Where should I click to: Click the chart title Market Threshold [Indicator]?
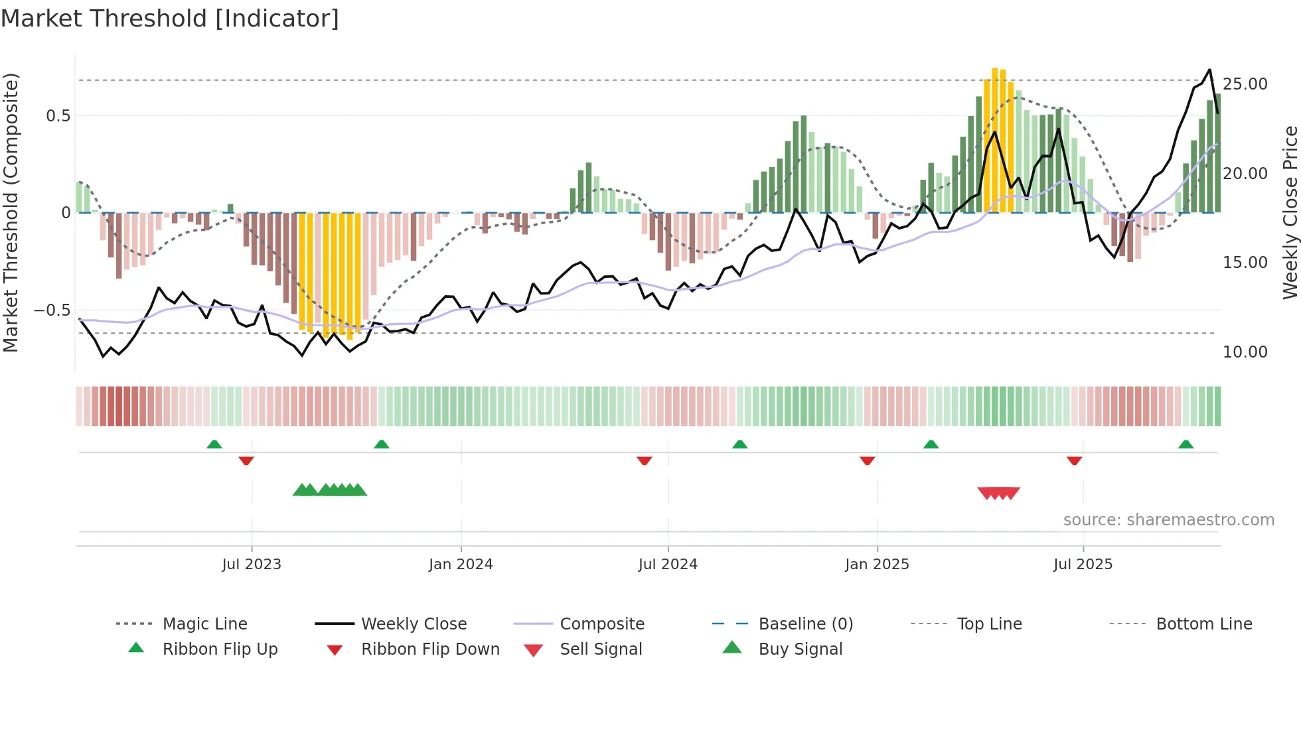[170, 19]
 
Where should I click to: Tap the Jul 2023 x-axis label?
[252, 565]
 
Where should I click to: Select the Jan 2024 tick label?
[461, 565]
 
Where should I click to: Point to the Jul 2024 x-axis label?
[668, 565]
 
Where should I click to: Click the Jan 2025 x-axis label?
[877, 565]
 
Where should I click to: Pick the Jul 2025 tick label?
[1083, 565]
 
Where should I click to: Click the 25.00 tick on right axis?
[1245, 84]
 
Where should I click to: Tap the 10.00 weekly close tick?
[1245, 352]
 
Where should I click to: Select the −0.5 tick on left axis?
[52, 310]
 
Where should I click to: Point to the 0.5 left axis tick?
[58, 116]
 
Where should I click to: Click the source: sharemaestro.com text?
[1168, 520]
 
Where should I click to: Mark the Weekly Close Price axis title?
[1290, 212]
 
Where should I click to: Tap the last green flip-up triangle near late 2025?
[1186, 444]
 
